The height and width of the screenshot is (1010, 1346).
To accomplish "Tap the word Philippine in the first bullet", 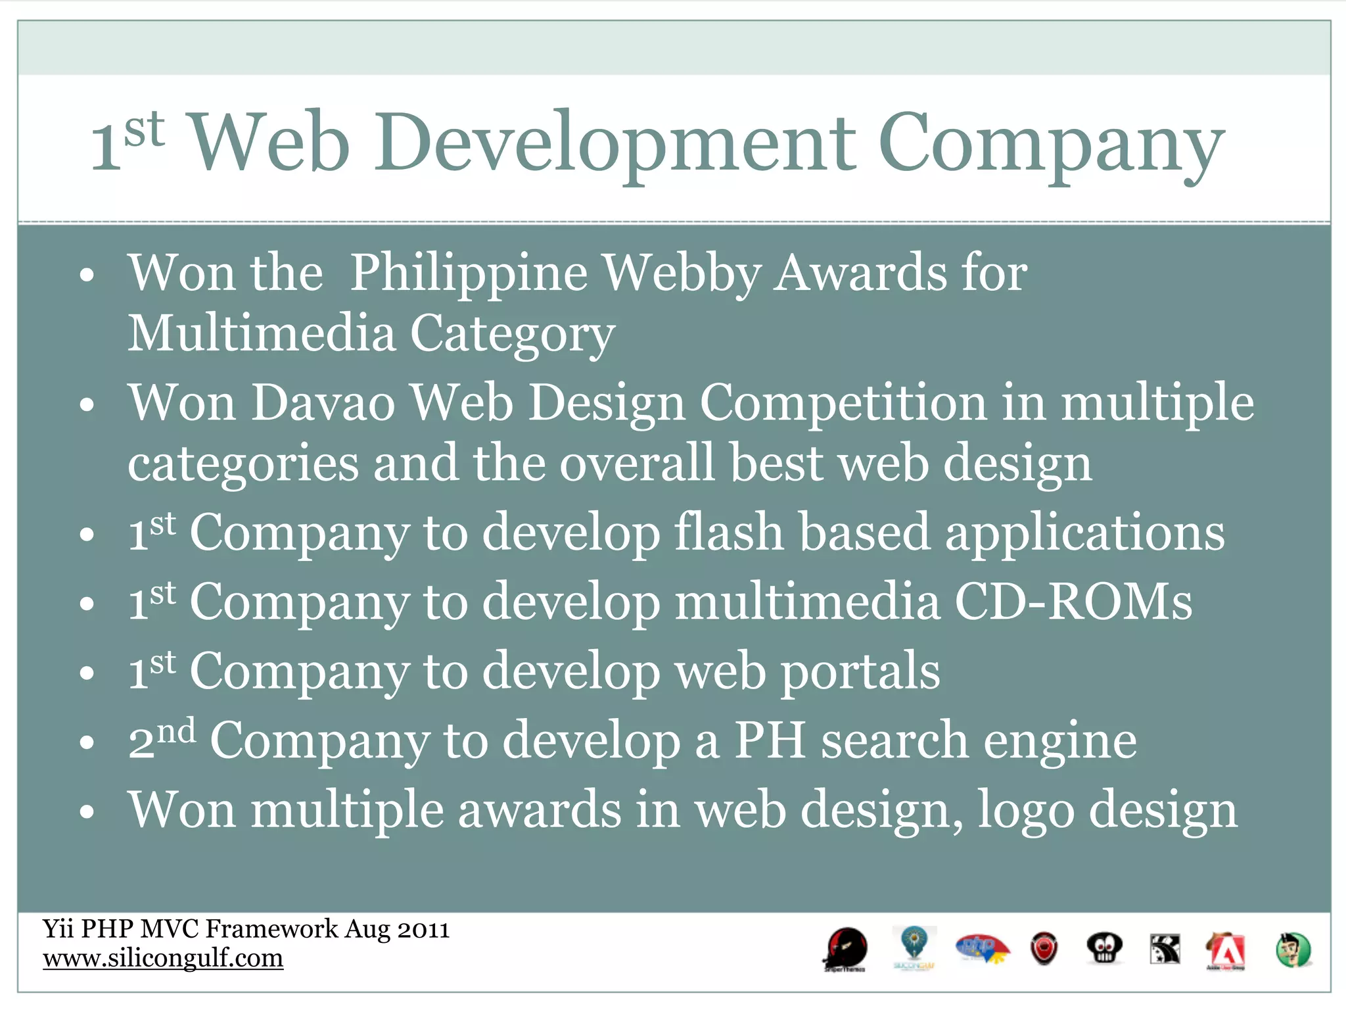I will click(468, 274).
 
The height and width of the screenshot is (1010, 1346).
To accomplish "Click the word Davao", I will click(323, 402).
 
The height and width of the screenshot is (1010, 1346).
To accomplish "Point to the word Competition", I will click(843, 402).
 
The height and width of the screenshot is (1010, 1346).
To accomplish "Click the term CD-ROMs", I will click(1073, 602).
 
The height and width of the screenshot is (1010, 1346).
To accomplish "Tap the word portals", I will click(860, 672).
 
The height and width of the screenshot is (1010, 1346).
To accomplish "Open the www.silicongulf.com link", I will click(163, 958).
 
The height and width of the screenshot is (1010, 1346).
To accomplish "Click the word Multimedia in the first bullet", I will click(261, 334).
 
